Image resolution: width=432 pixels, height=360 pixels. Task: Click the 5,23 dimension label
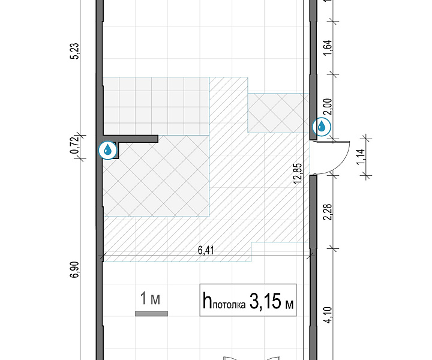pos(75,51)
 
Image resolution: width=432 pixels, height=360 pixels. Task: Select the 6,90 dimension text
pos(74,269)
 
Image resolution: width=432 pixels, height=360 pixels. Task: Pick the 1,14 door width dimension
pos(361,157)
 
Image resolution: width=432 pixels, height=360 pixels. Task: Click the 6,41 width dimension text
pos(206,251)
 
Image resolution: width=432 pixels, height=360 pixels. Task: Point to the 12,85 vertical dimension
pos(298,173)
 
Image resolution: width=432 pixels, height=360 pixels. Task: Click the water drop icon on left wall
pos(108,151)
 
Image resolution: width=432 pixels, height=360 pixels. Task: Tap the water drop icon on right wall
pos(322,127)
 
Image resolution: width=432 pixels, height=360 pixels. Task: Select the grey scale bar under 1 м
pos(151,313)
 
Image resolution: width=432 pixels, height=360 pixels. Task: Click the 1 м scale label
pos(150,299)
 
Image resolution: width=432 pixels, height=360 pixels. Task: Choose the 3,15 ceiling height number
pos(265,301)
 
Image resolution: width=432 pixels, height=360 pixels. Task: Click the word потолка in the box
pos(229,305)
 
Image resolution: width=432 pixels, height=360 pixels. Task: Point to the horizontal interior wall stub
pos(130,139)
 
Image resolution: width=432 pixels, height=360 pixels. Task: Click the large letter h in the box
pos(207,301)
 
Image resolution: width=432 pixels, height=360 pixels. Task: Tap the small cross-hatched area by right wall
pos(278,113)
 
